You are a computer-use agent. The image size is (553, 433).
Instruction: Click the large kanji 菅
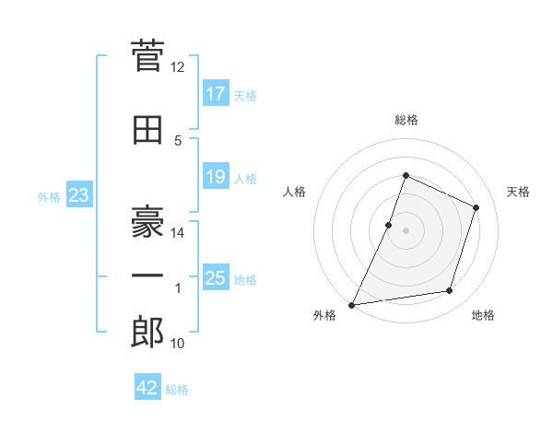(x=147, y=55)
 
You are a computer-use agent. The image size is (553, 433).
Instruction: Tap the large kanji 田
(x=147, y=130)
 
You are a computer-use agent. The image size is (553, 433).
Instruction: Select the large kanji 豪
(x=147, y=221)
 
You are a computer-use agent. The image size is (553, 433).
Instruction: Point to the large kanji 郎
(x=147, y=332)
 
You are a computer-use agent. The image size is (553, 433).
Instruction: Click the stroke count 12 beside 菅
(x=177, y=67)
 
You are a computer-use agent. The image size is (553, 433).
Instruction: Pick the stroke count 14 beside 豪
(x=177, y=233)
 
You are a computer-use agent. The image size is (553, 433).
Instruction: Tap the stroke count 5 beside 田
(x=178, y=141)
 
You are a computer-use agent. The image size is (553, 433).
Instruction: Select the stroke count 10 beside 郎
(x=177, y=343)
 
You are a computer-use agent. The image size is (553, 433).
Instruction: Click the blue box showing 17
(x=216, y=93)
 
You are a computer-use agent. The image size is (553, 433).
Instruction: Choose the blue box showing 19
(x=216, y=176)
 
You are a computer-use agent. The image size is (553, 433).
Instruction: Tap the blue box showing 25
(x=216, y=276)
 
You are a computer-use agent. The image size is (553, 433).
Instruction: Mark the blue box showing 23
(x=79, y=194)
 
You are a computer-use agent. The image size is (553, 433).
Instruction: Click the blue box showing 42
(x=147, y=386)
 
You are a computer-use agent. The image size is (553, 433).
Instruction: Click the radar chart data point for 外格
(x=351, y=305)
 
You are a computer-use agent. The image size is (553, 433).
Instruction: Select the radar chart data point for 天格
(x=476, y=207)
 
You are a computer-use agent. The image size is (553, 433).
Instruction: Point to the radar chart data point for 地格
(x=450, y=291)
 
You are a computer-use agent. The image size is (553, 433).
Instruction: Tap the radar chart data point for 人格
(x=388, y=226)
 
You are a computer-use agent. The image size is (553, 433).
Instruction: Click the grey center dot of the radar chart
(x=406, y=230)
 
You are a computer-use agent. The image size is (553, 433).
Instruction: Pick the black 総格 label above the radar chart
(x=406, y=120)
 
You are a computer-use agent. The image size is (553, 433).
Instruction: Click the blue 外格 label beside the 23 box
(x=49, y=197)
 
